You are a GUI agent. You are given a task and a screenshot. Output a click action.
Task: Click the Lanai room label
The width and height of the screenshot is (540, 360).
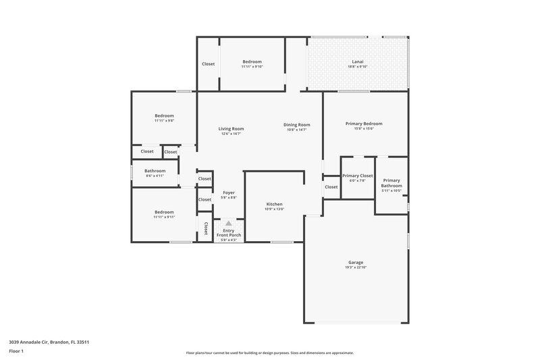pos(358,61)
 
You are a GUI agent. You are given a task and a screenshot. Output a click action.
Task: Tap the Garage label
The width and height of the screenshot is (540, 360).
pos(356,262)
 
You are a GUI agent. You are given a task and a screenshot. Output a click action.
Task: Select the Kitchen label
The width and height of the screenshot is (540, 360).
pos(274,204)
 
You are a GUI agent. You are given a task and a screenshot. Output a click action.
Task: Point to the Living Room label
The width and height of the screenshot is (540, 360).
pos(231,128)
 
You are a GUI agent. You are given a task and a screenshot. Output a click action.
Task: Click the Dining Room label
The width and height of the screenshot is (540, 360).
pos(296,124)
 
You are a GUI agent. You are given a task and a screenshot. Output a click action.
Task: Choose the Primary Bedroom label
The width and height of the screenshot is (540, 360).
pos(364,124)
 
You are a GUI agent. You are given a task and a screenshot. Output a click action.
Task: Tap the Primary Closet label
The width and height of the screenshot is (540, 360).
pos(358,176)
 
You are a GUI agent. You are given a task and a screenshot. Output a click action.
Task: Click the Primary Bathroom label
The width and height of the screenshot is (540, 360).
pos(391,182)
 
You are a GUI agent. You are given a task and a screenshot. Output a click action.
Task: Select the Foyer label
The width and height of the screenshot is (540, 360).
pos(229,192)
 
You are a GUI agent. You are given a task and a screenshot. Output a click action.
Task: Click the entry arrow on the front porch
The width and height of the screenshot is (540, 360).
pos(228,223)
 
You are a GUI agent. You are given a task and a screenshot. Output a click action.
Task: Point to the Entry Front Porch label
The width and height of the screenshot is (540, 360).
pos(229,232)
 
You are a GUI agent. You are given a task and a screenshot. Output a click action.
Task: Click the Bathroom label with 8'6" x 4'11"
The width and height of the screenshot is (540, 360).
pos(155,171)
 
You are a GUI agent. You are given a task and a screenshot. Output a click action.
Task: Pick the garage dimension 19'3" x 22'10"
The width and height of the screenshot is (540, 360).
pos(356,267)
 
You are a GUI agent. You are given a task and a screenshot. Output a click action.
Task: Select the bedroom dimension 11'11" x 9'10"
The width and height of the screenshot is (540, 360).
pos(252,66)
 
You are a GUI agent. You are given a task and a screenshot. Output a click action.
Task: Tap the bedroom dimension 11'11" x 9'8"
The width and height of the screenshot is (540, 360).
pos(164,120)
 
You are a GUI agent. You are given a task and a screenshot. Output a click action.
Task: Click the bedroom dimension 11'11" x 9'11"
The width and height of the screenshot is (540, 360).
pos(164,217)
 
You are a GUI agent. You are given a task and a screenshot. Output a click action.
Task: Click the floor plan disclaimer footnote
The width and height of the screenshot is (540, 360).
pos(269,353)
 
